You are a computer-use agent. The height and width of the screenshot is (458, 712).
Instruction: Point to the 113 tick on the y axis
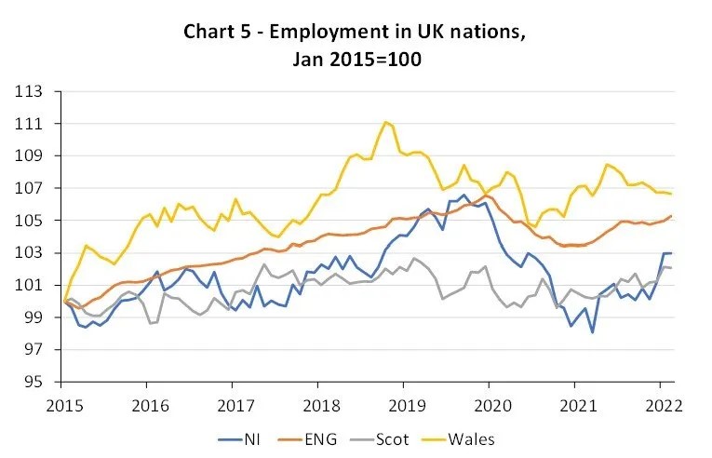(34, 91)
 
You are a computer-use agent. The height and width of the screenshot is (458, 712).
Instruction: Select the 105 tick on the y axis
(34, 221)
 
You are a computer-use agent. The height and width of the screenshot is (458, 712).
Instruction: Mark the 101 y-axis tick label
(34, 285)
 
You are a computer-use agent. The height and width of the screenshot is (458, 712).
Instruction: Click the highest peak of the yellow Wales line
(385, 122)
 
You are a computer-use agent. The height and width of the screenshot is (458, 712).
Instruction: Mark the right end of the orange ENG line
(672, 216)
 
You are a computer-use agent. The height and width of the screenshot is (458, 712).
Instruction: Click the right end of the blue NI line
(672, 253)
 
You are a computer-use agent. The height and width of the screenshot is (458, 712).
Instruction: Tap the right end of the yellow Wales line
(672, 194)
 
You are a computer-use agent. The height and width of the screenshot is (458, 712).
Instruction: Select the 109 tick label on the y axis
(34, 155)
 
